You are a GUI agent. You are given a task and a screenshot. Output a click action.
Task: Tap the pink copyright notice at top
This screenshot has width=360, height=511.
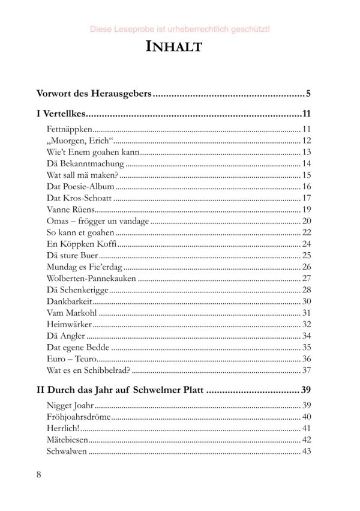[179, 28]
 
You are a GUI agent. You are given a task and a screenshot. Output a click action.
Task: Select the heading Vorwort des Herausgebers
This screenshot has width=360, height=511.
[94, 94]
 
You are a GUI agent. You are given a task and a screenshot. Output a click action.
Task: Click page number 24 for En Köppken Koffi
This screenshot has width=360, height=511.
[307, 244]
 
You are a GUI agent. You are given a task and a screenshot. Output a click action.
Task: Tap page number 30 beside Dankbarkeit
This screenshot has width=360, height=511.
[307, 301]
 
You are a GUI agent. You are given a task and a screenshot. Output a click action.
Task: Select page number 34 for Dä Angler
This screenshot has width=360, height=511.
[307, 335]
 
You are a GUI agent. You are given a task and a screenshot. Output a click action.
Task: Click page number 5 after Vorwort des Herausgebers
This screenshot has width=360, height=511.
[308, 94]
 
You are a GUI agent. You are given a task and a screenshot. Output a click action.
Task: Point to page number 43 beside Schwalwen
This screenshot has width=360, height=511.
[307, 452]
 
